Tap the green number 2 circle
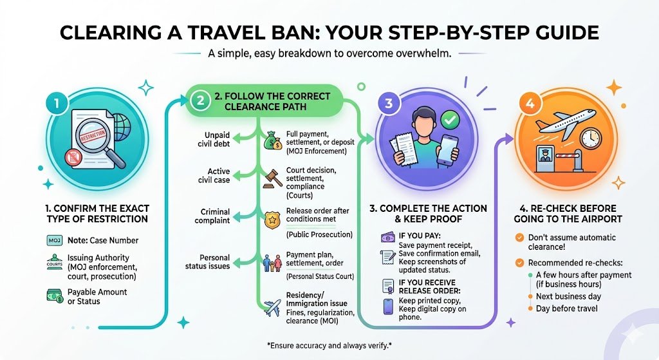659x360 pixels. tap(200, 101)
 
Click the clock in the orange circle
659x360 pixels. tap(589, 137)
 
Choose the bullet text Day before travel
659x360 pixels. tap(567, 308)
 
